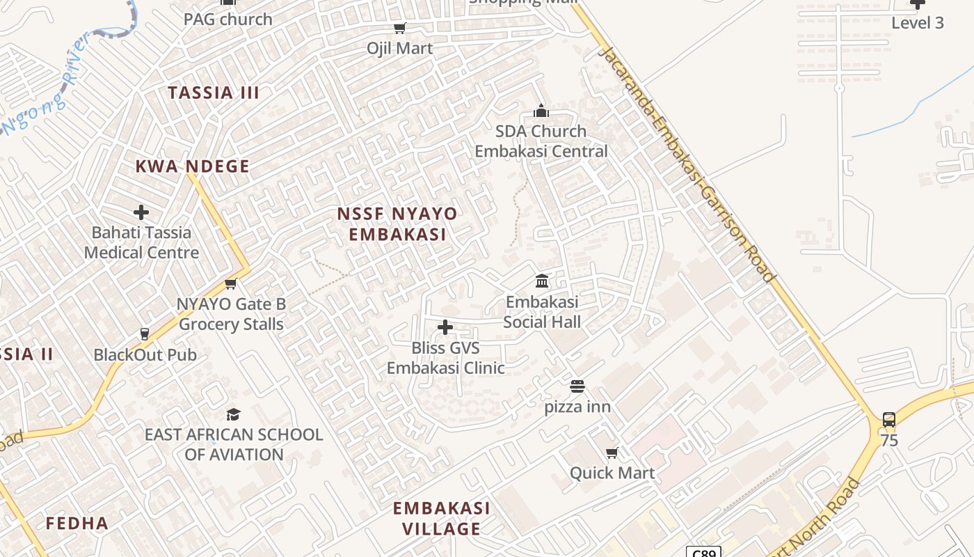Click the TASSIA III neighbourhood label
[x=214, y=93]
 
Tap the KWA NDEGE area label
[x=192, y=166]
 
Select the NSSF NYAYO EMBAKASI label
[x=397, y=224]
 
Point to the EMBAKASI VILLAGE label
[x=442, y=518]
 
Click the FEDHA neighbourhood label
[x=77, y=524]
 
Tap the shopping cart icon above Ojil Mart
[x=399, y=29]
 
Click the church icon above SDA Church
[x=541, y=111]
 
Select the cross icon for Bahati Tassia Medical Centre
[x=141, y=212]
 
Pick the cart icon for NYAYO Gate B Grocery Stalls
[x=231, y=284]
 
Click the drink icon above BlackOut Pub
[x=145, y=335]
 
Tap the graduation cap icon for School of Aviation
[x=234, y=414]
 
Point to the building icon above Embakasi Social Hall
[x=542, y=281]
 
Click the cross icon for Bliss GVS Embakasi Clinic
[x=445, y=327]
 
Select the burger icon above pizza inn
[x=577, y=386]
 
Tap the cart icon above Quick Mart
[x=612, y=453]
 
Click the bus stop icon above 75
[x=889, y=420]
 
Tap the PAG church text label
[x=228, y=19]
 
